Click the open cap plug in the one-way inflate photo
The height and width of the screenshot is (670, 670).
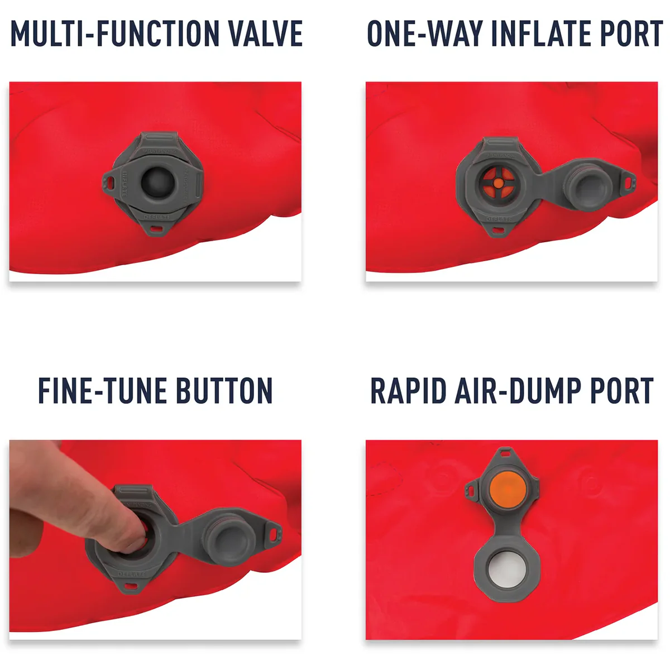point(583,185)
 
